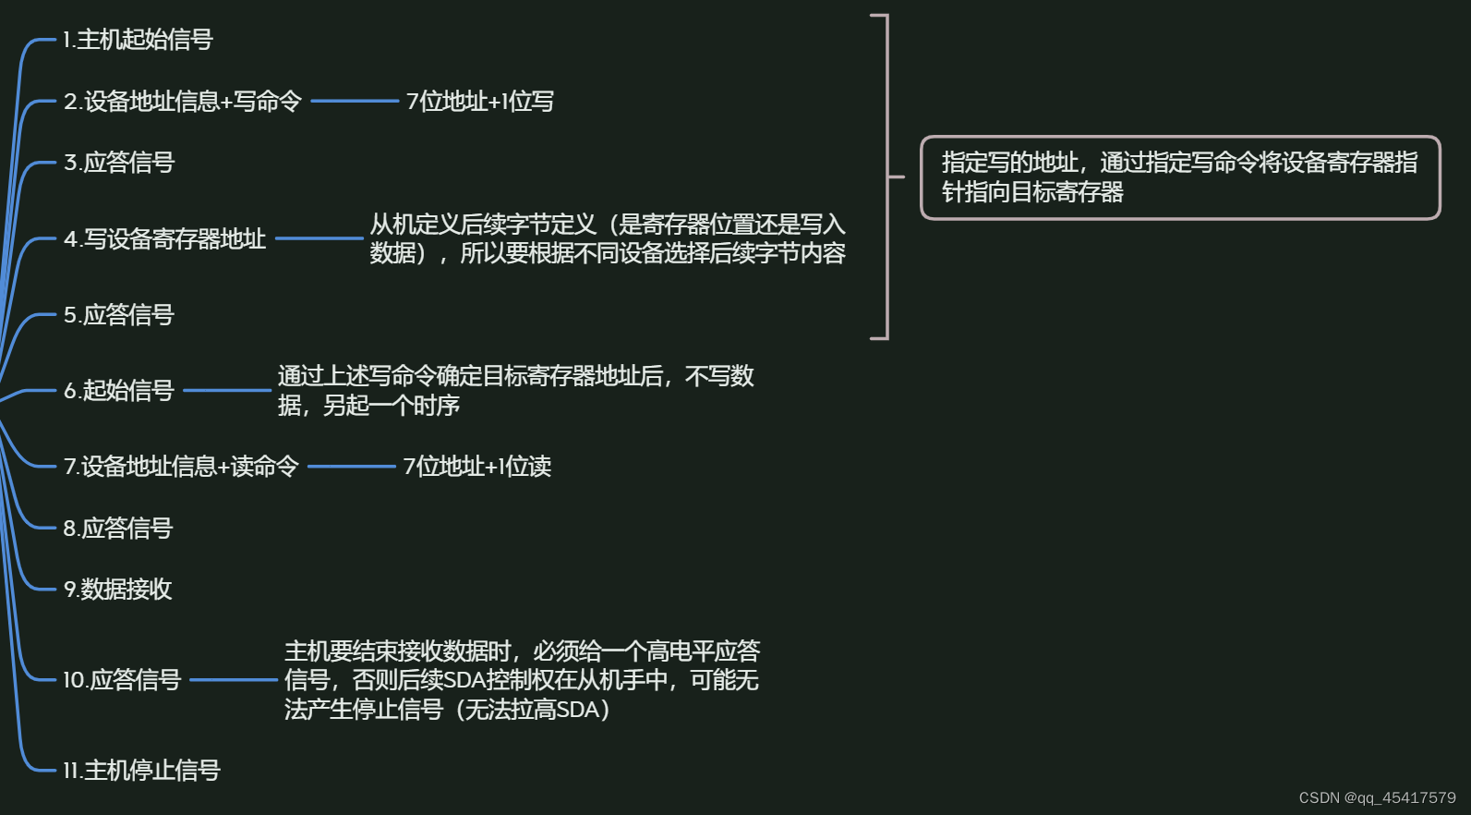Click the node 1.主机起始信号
(138, 40)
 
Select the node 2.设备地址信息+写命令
(183, 102)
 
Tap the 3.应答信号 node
(119, 163)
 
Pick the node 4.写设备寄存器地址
(164, 239)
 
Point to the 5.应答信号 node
(119, 315)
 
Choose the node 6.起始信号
(119, 391)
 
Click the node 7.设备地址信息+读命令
(181, 467)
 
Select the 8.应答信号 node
(118, 529)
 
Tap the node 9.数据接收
(117, 590)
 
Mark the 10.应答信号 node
(122, 680)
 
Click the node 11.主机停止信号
(141, 771)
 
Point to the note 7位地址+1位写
(480, 102)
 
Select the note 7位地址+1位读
(477, 467)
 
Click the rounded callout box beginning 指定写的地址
(1180, 177)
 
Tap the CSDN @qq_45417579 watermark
(1377, 797)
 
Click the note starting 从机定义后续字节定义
(608, 238)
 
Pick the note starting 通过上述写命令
(515, 390)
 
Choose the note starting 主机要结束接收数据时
(522, 680)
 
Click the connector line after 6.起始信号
(227, 390)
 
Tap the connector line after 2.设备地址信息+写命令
(355, 101)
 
